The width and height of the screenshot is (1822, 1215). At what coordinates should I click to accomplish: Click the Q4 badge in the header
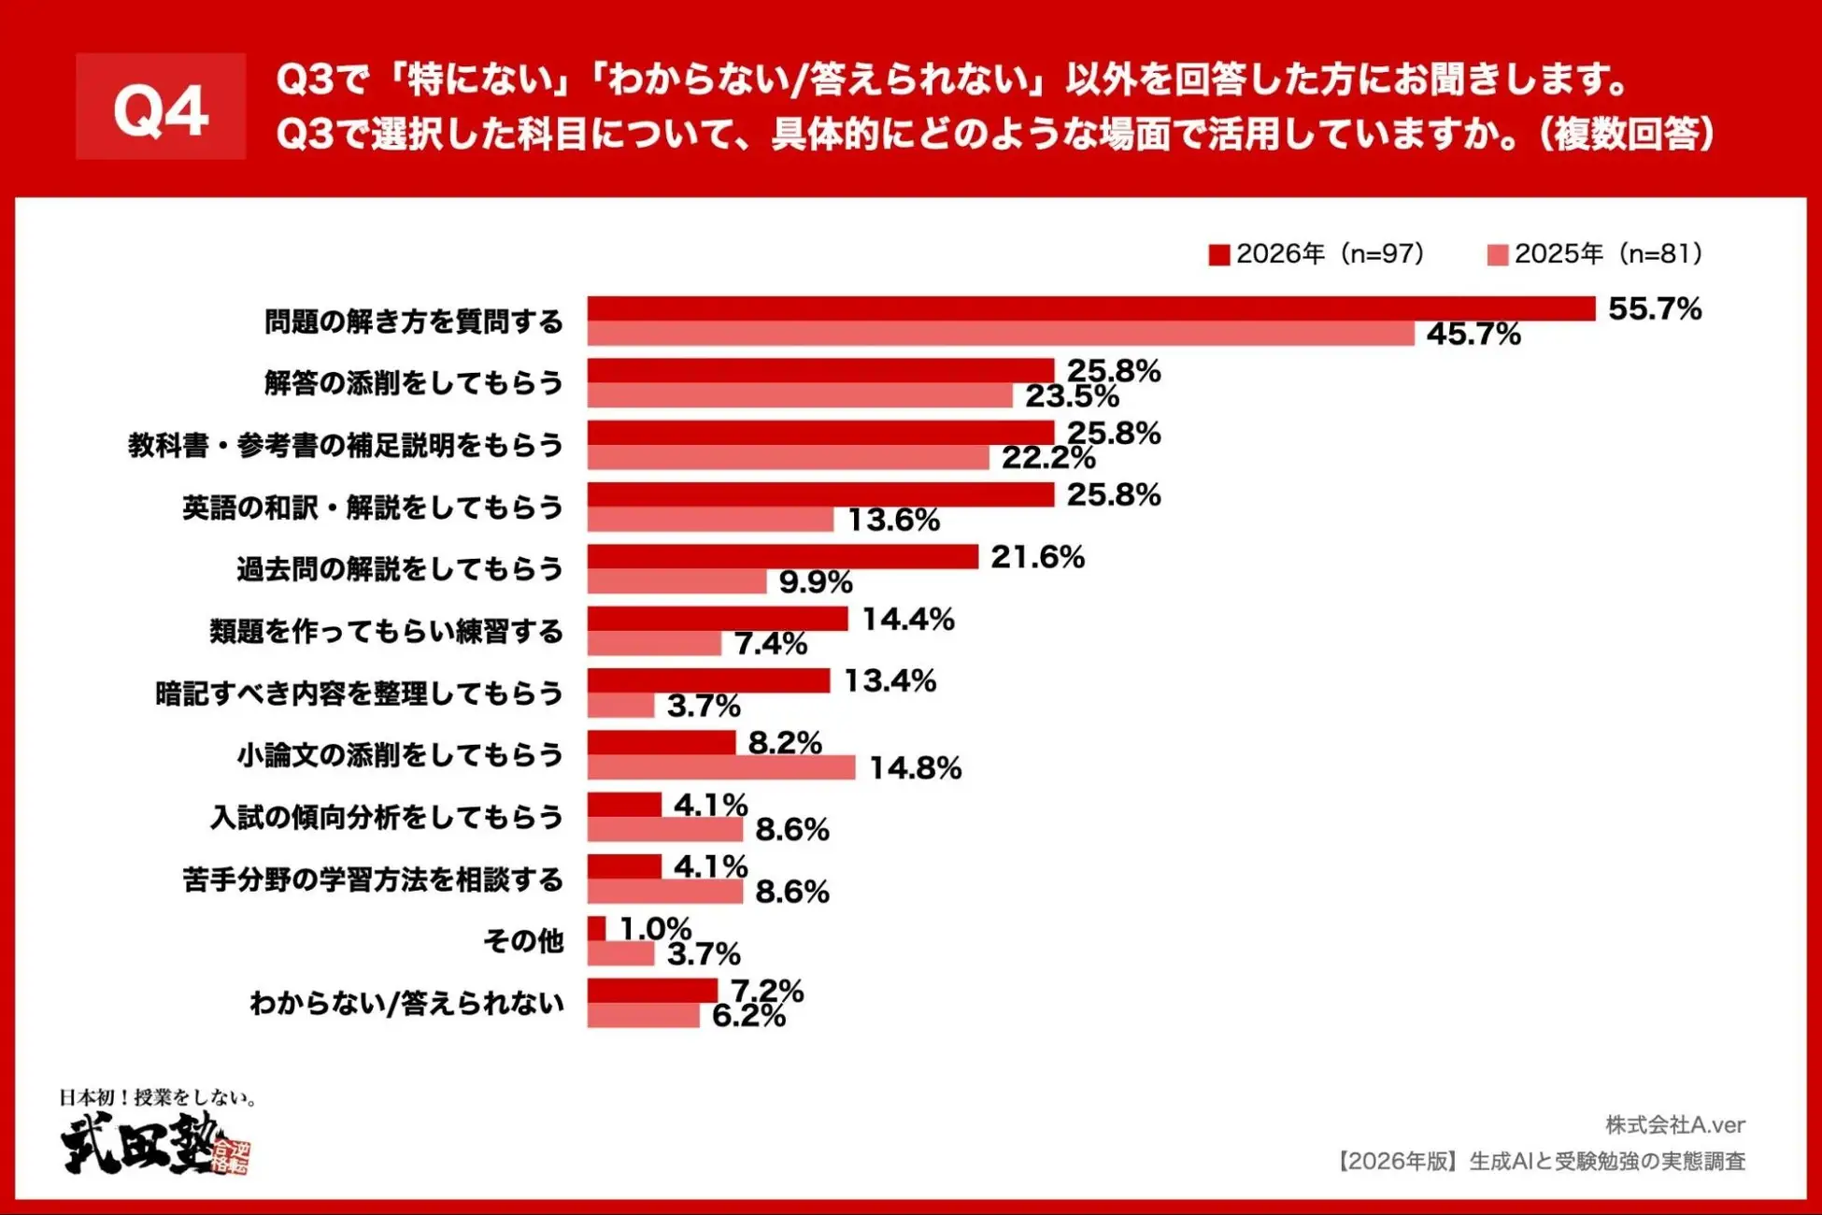click(161, 107)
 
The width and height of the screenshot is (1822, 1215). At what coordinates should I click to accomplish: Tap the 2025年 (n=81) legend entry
click(1594, 254)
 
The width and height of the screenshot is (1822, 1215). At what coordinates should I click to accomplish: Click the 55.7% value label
click(1654, 309)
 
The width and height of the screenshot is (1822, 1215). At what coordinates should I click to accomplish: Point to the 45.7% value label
click(1473, 335)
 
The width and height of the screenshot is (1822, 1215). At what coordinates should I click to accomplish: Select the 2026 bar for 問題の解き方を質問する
click(1090, 308)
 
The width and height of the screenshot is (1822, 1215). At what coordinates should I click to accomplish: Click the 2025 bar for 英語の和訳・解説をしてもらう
click(710, 520)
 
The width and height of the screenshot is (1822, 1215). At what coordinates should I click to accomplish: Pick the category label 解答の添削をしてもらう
click(413, 383)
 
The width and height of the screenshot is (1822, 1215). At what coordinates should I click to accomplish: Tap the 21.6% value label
click(1037, 557)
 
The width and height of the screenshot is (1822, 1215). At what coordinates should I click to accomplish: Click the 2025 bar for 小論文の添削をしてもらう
click(720, 767)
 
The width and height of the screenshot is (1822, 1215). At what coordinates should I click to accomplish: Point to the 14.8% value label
click(915, 768)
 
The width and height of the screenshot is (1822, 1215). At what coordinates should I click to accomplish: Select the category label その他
click(523, 940)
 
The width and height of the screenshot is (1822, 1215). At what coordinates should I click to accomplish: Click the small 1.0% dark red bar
click(596, 928)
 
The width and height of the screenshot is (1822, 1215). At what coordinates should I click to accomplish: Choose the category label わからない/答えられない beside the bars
click(406, 1003)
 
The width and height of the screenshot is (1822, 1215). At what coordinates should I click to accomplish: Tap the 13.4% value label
click(890, 680)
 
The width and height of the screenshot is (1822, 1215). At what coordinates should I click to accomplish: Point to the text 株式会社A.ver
click(1674, 1124)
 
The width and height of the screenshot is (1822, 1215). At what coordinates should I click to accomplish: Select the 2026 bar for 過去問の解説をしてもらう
click(782, 557)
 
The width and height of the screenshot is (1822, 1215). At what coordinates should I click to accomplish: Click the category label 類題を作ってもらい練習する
click(386, 632)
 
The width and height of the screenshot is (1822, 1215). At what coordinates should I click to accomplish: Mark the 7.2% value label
click(766, 990)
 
